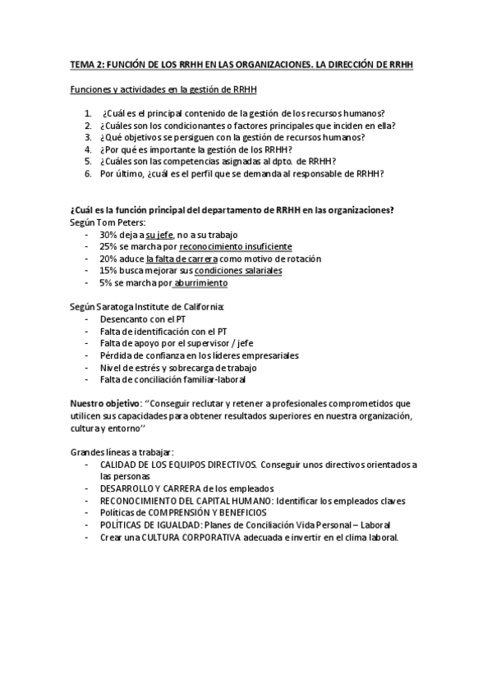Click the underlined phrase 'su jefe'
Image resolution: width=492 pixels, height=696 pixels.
point(159,235)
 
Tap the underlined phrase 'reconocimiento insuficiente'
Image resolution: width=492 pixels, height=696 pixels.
point(235,246)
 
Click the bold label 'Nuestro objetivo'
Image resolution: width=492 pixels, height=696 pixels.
point(103,404)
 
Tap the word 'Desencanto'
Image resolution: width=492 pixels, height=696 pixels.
point(124,318)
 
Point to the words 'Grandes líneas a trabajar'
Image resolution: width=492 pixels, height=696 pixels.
point(122,452)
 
